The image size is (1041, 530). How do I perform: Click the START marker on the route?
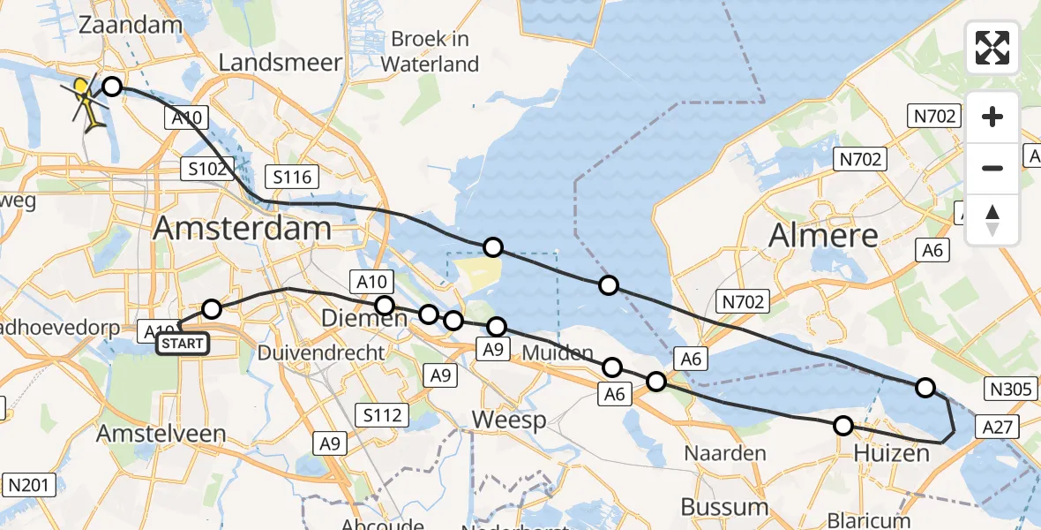183,343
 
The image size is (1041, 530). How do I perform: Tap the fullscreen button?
992,48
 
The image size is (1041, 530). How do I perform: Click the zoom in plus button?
992,117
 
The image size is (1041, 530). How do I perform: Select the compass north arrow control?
992,220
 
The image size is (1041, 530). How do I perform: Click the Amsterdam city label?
243,228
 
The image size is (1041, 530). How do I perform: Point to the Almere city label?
824,235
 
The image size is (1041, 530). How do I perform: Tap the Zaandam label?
130,25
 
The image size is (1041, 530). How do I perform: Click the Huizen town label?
890,454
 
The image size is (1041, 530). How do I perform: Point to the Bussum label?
724,507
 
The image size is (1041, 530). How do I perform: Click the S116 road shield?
292,177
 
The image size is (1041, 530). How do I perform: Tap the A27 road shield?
998,428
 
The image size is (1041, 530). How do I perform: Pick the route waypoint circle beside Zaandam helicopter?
112,86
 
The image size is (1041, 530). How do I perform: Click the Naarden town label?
726,453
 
